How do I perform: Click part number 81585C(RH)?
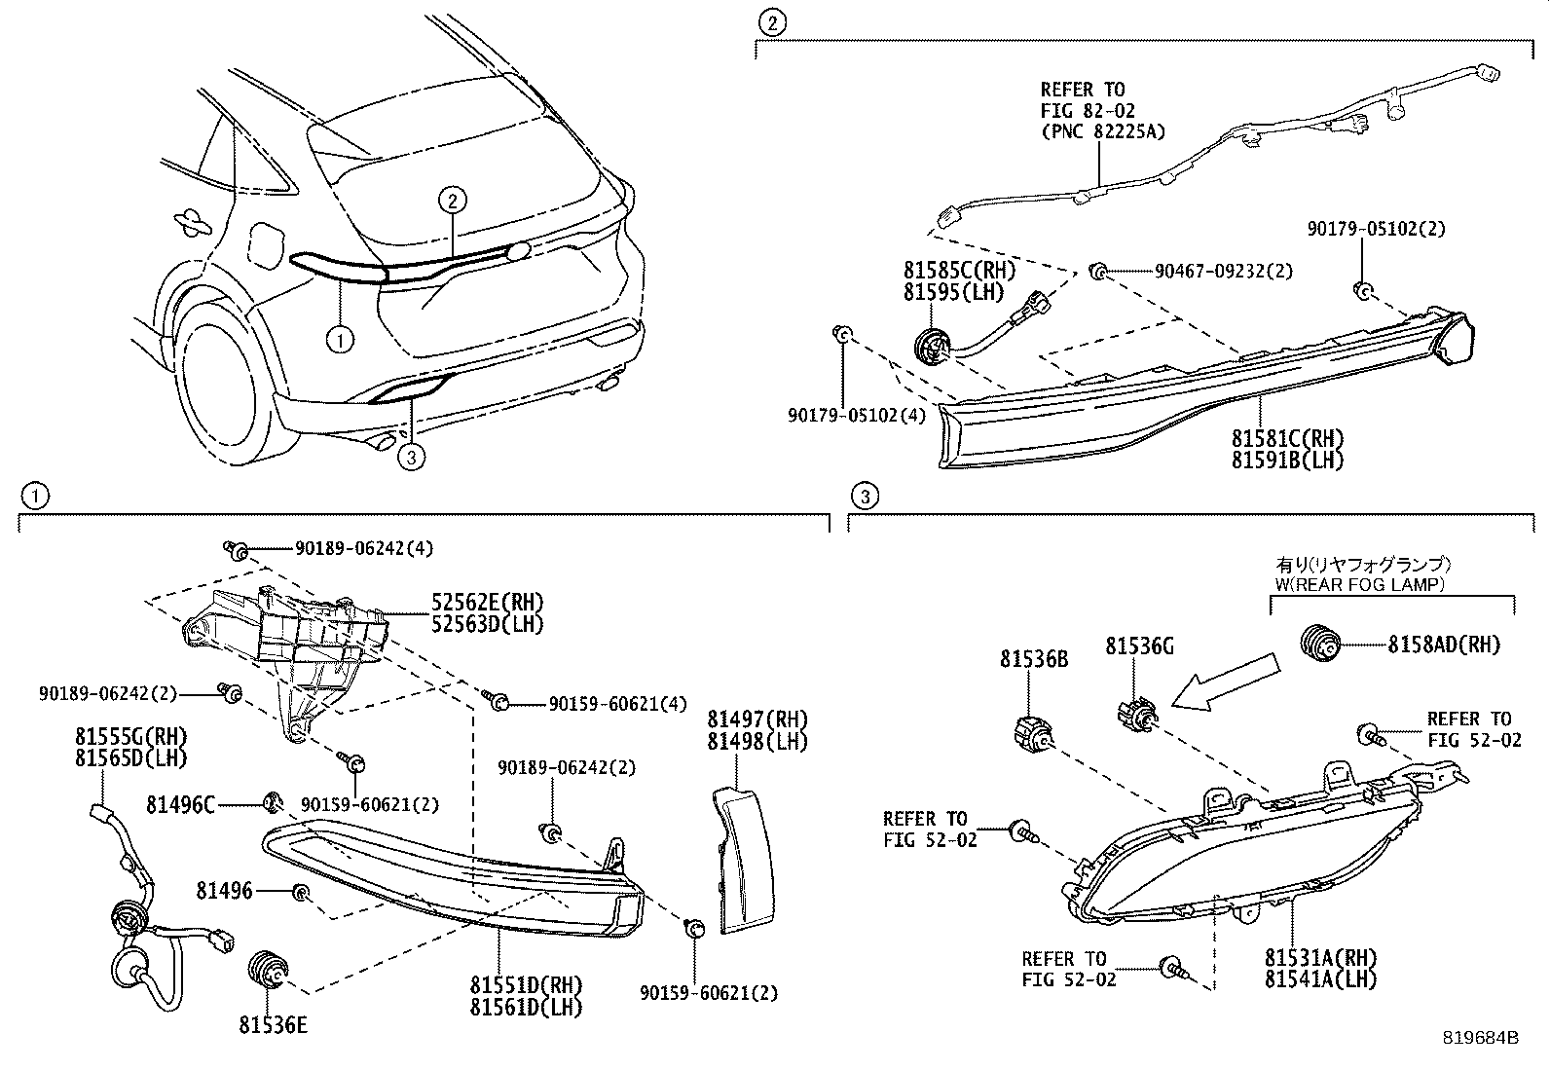point(958,270)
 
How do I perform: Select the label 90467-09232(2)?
point(1223,272)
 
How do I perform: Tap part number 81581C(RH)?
point(1288,438)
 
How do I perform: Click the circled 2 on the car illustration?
point(452,201)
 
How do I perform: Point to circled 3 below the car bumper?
point(412,457)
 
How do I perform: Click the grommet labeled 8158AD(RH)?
point(1320,643)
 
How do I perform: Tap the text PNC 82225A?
point(1101,132)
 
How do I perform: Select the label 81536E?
point(273,1024)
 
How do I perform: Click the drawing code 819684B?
point(1481,1039)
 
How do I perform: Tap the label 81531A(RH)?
point(1322,957)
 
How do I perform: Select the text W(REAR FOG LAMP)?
point(1360,584)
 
